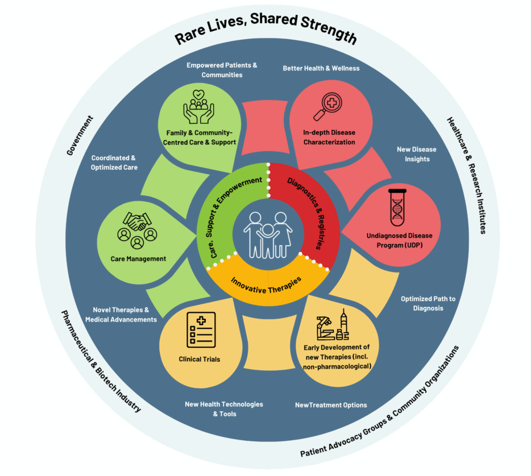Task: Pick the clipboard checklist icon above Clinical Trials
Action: (x=200, y=330)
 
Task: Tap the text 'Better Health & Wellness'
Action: (x=321, y=68)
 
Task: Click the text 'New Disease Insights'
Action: (x=416, y=154)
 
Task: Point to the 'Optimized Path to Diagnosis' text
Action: (x=428, y=303)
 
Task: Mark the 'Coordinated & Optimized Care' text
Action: (x=114, y=162)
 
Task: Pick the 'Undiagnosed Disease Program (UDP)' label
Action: (x=399, y=240)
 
